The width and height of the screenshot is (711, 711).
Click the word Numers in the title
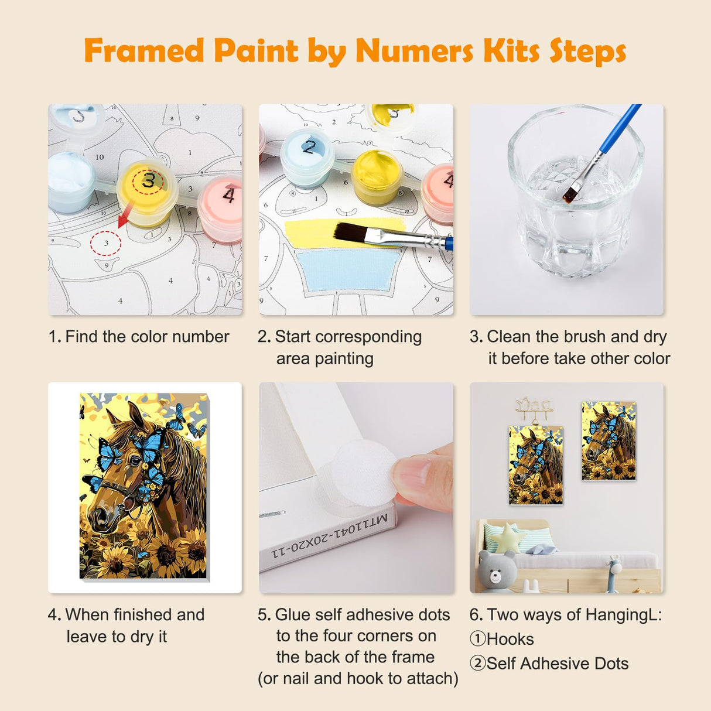point(415,51)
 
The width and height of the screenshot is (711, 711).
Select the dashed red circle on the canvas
point(105,243)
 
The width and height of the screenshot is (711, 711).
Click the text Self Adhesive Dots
point(557,664)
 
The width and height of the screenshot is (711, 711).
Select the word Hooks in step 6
point(510,639)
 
